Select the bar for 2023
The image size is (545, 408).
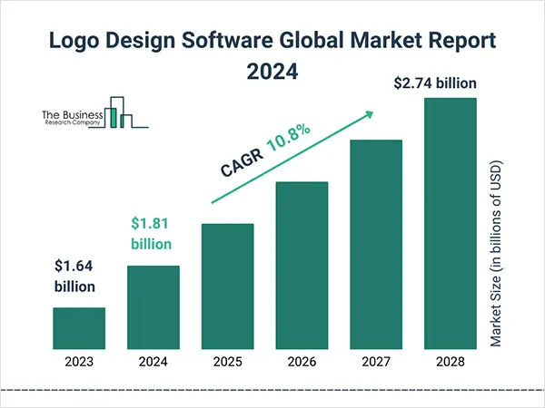point(79,327)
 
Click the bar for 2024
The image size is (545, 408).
point(153,306)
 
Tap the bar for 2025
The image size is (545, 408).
point(227,286)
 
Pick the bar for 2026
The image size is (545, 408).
point(302,265)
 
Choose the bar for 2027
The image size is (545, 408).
point(375,244)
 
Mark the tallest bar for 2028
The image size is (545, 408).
point(450,222)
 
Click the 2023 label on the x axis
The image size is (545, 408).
point(79,361)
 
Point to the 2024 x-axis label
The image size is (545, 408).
point(153,361)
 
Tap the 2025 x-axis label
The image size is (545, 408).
point(227,361)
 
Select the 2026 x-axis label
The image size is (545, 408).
point(302,361)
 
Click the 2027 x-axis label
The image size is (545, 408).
point(375,361)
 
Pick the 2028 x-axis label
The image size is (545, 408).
point(450,361)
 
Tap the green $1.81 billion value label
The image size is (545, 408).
point(151,233)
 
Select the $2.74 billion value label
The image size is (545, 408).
point(435,83)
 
